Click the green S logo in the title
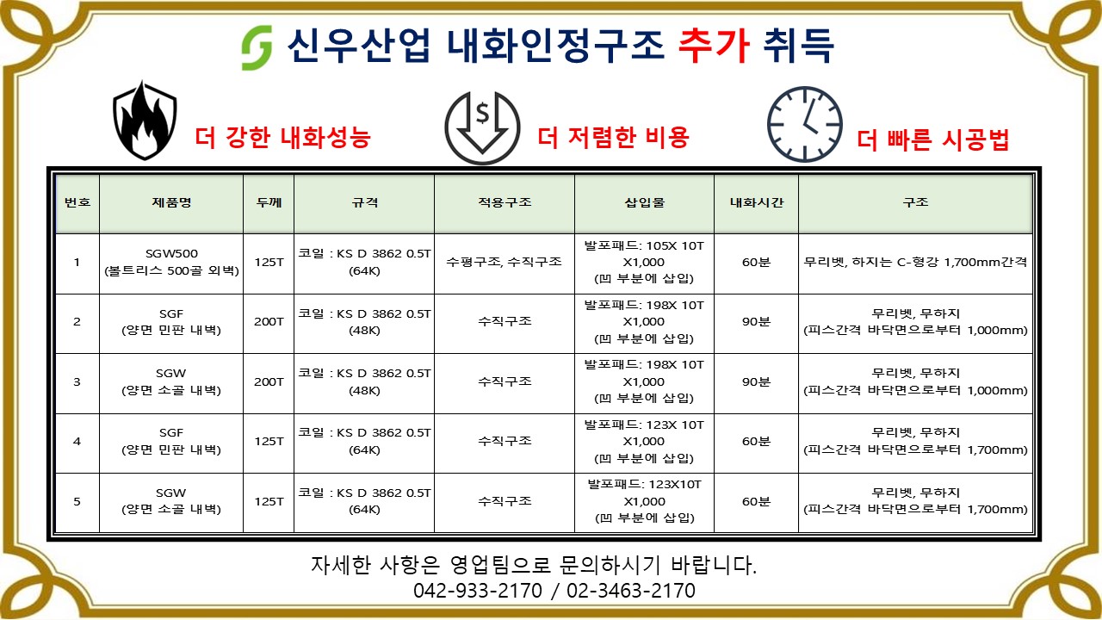[257, 47]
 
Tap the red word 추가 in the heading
[714, 46]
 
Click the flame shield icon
[145, 121]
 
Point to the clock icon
[805, 125]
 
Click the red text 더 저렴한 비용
[613, 137]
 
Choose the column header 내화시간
[756, 202]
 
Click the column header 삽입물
[644, 202]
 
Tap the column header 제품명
[171, 202]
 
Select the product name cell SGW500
[171, 263]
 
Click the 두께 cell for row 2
[269, 322]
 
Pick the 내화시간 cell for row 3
[756, 381]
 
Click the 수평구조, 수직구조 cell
[504, 262]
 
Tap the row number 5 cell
[77, 501]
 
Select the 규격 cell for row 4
[364, 442]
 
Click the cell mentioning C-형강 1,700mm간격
[915, 262]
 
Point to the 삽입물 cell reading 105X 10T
[644, 263]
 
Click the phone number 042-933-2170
[477, 591]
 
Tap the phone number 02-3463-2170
[631, 591]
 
